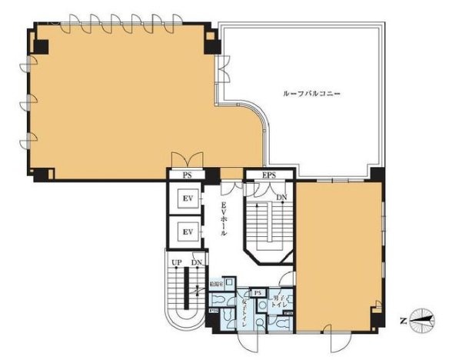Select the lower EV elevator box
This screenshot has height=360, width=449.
point(186,231)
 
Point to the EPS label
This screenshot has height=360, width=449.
point(268,175)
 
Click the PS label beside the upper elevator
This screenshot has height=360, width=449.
point(187,175)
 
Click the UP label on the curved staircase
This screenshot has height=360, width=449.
point(177,264)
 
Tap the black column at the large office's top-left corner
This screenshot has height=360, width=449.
point(41,44)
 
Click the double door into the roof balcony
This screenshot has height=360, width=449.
point(222,68)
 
